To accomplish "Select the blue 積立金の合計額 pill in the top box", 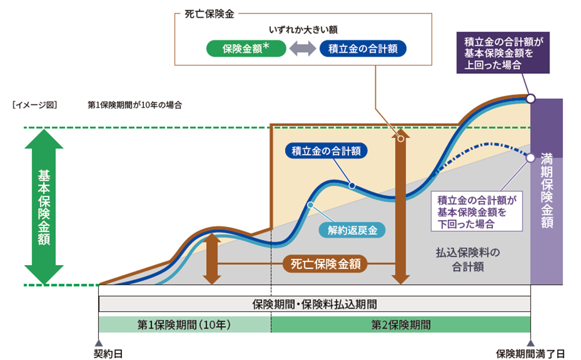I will [363, 49].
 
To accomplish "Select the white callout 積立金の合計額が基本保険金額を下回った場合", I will [476, 211].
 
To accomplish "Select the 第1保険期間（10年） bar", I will [184, 323].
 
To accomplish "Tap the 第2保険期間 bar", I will [401, 323].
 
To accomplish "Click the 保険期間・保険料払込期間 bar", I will [314, 304].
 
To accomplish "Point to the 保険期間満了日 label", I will [530, 352].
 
